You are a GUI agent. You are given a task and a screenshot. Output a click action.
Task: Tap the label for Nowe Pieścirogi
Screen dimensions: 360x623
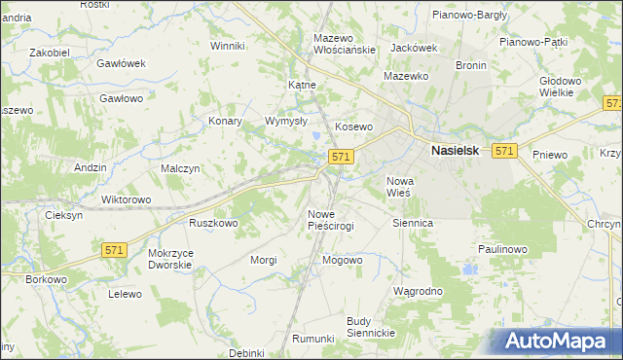(x=331, y=220)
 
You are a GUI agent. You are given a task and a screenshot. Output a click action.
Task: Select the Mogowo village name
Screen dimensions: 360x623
(x=342, y=260)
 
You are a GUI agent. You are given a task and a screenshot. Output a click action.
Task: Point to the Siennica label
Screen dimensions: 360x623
(x=412, y=223)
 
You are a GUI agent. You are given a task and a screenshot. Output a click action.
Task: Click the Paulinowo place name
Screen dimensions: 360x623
(x=502, y=249)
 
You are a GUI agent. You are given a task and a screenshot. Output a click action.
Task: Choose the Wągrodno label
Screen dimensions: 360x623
(x=418, y=291)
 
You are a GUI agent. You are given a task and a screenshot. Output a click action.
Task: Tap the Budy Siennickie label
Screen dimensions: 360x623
(x=370, y=327)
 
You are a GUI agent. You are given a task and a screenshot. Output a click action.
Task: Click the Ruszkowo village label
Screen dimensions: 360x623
(x=214, y=223)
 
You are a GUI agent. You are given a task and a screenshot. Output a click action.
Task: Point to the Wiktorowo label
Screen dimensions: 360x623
(x=127, y=199)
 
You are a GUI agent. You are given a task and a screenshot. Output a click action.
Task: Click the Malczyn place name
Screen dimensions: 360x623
(x=180, y=168)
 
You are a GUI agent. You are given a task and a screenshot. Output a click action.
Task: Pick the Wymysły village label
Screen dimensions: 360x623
(x=286, y=122)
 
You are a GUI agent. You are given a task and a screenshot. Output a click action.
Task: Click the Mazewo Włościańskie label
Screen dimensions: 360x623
(x=344, y=44)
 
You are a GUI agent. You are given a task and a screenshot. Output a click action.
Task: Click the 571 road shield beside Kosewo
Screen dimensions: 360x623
(x=340, y=157)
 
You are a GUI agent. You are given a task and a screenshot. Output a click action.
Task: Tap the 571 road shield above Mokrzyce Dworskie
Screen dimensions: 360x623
(x=114, y=250)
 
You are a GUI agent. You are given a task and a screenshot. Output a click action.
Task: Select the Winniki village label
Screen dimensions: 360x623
(x=227, y=46)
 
